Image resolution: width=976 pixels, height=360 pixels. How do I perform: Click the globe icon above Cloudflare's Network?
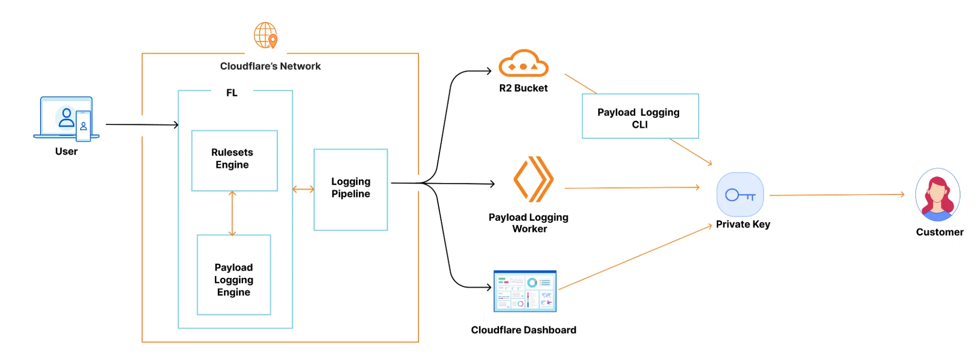pos(266,35)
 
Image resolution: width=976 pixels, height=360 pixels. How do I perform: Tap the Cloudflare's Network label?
pos(270,66)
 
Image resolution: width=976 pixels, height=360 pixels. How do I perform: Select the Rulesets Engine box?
pos(234,160)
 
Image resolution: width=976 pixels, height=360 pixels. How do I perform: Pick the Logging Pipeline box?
pos(351,190)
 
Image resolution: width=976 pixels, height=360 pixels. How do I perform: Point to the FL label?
pos(232,93)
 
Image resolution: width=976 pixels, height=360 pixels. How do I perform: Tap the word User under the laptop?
pos(66,151)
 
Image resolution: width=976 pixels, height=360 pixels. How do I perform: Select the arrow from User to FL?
pos(142,125)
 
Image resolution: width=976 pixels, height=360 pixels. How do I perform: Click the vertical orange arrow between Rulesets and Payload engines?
pos(232,213)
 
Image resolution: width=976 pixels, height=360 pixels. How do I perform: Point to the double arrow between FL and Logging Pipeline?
pos(303,189)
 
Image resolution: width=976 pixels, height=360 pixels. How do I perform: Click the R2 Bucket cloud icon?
pos(523,64)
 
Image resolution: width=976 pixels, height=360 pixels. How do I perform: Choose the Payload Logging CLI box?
pos(640,116)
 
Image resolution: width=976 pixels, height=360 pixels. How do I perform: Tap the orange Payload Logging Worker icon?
pos(533,179)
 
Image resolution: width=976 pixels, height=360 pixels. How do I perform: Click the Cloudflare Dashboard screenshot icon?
pos(525,291)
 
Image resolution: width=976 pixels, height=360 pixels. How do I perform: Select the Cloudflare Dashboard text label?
pos(523,330)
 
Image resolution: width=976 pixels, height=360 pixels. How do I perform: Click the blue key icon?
pos(740,195)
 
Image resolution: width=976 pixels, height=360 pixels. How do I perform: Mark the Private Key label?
pos(743,224)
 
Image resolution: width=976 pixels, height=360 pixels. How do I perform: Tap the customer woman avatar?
pos(937,195)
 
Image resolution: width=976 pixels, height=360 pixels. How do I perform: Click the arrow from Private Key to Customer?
pos(836,195)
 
